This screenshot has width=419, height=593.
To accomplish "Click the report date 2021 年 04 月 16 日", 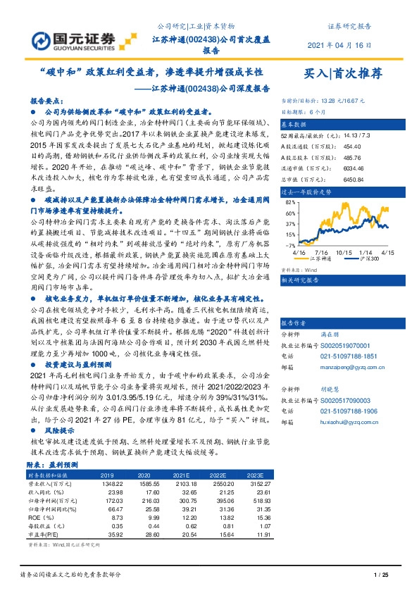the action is point(339,45).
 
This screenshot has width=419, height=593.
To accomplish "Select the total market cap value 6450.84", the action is point(332,179).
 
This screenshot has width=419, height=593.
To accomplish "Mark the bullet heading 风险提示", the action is point(59,427).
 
